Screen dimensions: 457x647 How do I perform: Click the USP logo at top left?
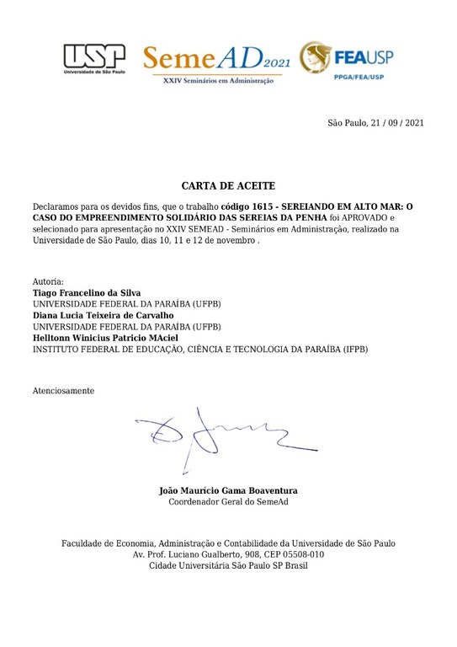click(x=93, y=59)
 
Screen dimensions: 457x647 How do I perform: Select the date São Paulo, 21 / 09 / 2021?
click(x=375, y=124)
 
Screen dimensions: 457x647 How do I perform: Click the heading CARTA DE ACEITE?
click(x=228, y=185)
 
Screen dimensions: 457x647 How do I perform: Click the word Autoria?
click(x=48, y=281)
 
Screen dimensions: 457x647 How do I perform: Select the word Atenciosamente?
click(x=64, y=391)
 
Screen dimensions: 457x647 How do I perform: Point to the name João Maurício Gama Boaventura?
click(x=228, y=490)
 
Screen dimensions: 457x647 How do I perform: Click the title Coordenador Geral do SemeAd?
click(x=228, y=502)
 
